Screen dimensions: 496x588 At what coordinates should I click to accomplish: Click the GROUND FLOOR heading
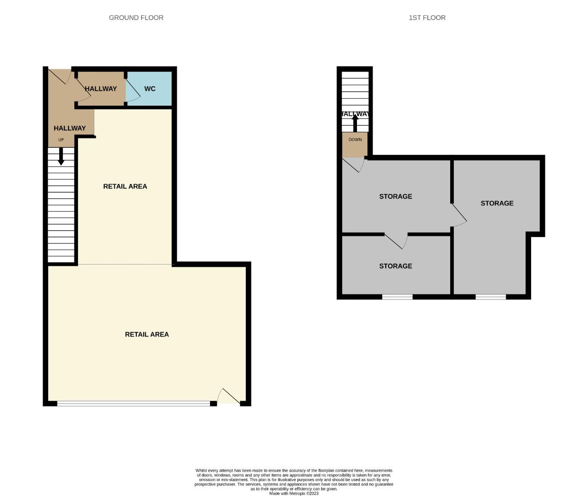point(136,18)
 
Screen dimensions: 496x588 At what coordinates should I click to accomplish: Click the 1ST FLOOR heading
point(427,18)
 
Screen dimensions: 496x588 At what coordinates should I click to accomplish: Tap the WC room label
point(150,89)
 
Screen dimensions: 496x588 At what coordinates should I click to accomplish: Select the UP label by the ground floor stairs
point(61,140)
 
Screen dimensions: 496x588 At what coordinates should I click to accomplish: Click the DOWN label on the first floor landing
point(355,140)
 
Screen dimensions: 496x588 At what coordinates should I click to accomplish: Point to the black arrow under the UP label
point(61,156)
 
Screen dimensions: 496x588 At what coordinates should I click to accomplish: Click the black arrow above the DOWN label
point(355,123)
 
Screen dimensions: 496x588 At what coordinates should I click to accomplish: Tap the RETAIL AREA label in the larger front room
point(147,334)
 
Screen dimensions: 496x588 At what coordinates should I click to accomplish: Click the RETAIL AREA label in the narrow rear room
point(125,186)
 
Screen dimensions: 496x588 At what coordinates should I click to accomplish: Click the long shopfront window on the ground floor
point(133,404)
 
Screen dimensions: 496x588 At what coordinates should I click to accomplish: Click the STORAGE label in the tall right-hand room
point(497,203)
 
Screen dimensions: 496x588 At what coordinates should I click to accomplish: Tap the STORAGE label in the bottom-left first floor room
point(396,266)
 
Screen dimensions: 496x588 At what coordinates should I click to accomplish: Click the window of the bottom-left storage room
point(397,297)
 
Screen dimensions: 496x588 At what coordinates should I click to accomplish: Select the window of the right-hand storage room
point(491,297)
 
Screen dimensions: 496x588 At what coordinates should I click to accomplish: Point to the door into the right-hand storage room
point(459,215)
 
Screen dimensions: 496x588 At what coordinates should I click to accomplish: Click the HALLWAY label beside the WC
point(101,89)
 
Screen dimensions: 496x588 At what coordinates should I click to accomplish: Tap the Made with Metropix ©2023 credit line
point(294,493)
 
